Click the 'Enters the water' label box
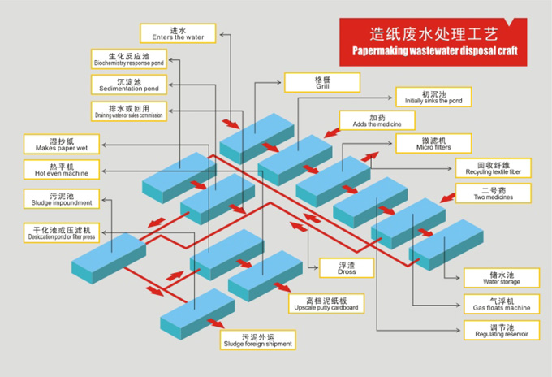(178, 32)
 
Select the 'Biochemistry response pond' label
(128, 58)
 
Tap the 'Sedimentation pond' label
(128, 84)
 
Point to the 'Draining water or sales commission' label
(128, 110)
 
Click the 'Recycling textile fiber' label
(494, 168)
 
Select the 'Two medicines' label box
(494, 194)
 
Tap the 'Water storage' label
(501, 278)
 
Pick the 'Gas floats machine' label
(501, 304)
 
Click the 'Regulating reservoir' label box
(501, 330)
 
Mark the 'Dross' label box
(347, 267)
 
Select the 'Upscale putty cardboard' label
(326, 304)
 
